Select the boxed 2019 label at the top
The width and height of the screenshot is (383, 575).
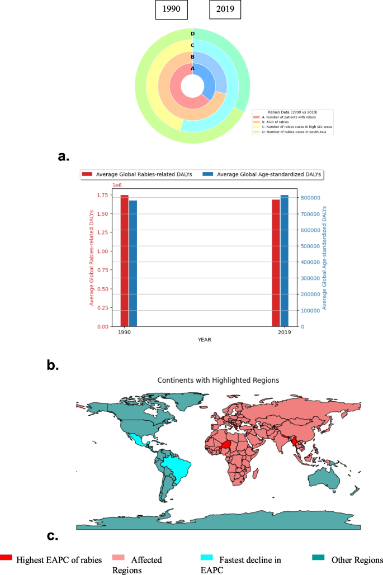[225, 10]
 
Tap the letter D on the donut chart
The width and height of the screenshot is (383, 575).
[192, 34]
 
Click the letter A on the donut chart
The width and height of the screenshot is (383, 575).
[192, 69]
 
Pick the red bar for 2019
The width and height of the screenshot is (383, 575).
[276, 263]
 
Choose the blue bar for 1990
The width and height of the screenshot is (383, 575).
[133, 263]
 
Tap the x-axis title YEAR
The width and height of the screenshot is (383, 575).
[204, 339]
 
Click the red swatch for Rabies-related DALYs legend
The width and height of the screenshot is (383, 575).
[88, 175]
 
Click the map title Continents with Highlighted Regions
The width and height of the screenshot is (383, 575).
[218, 380]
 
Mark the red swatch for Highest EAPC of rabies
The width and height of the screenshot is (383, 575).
[6, 558]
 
